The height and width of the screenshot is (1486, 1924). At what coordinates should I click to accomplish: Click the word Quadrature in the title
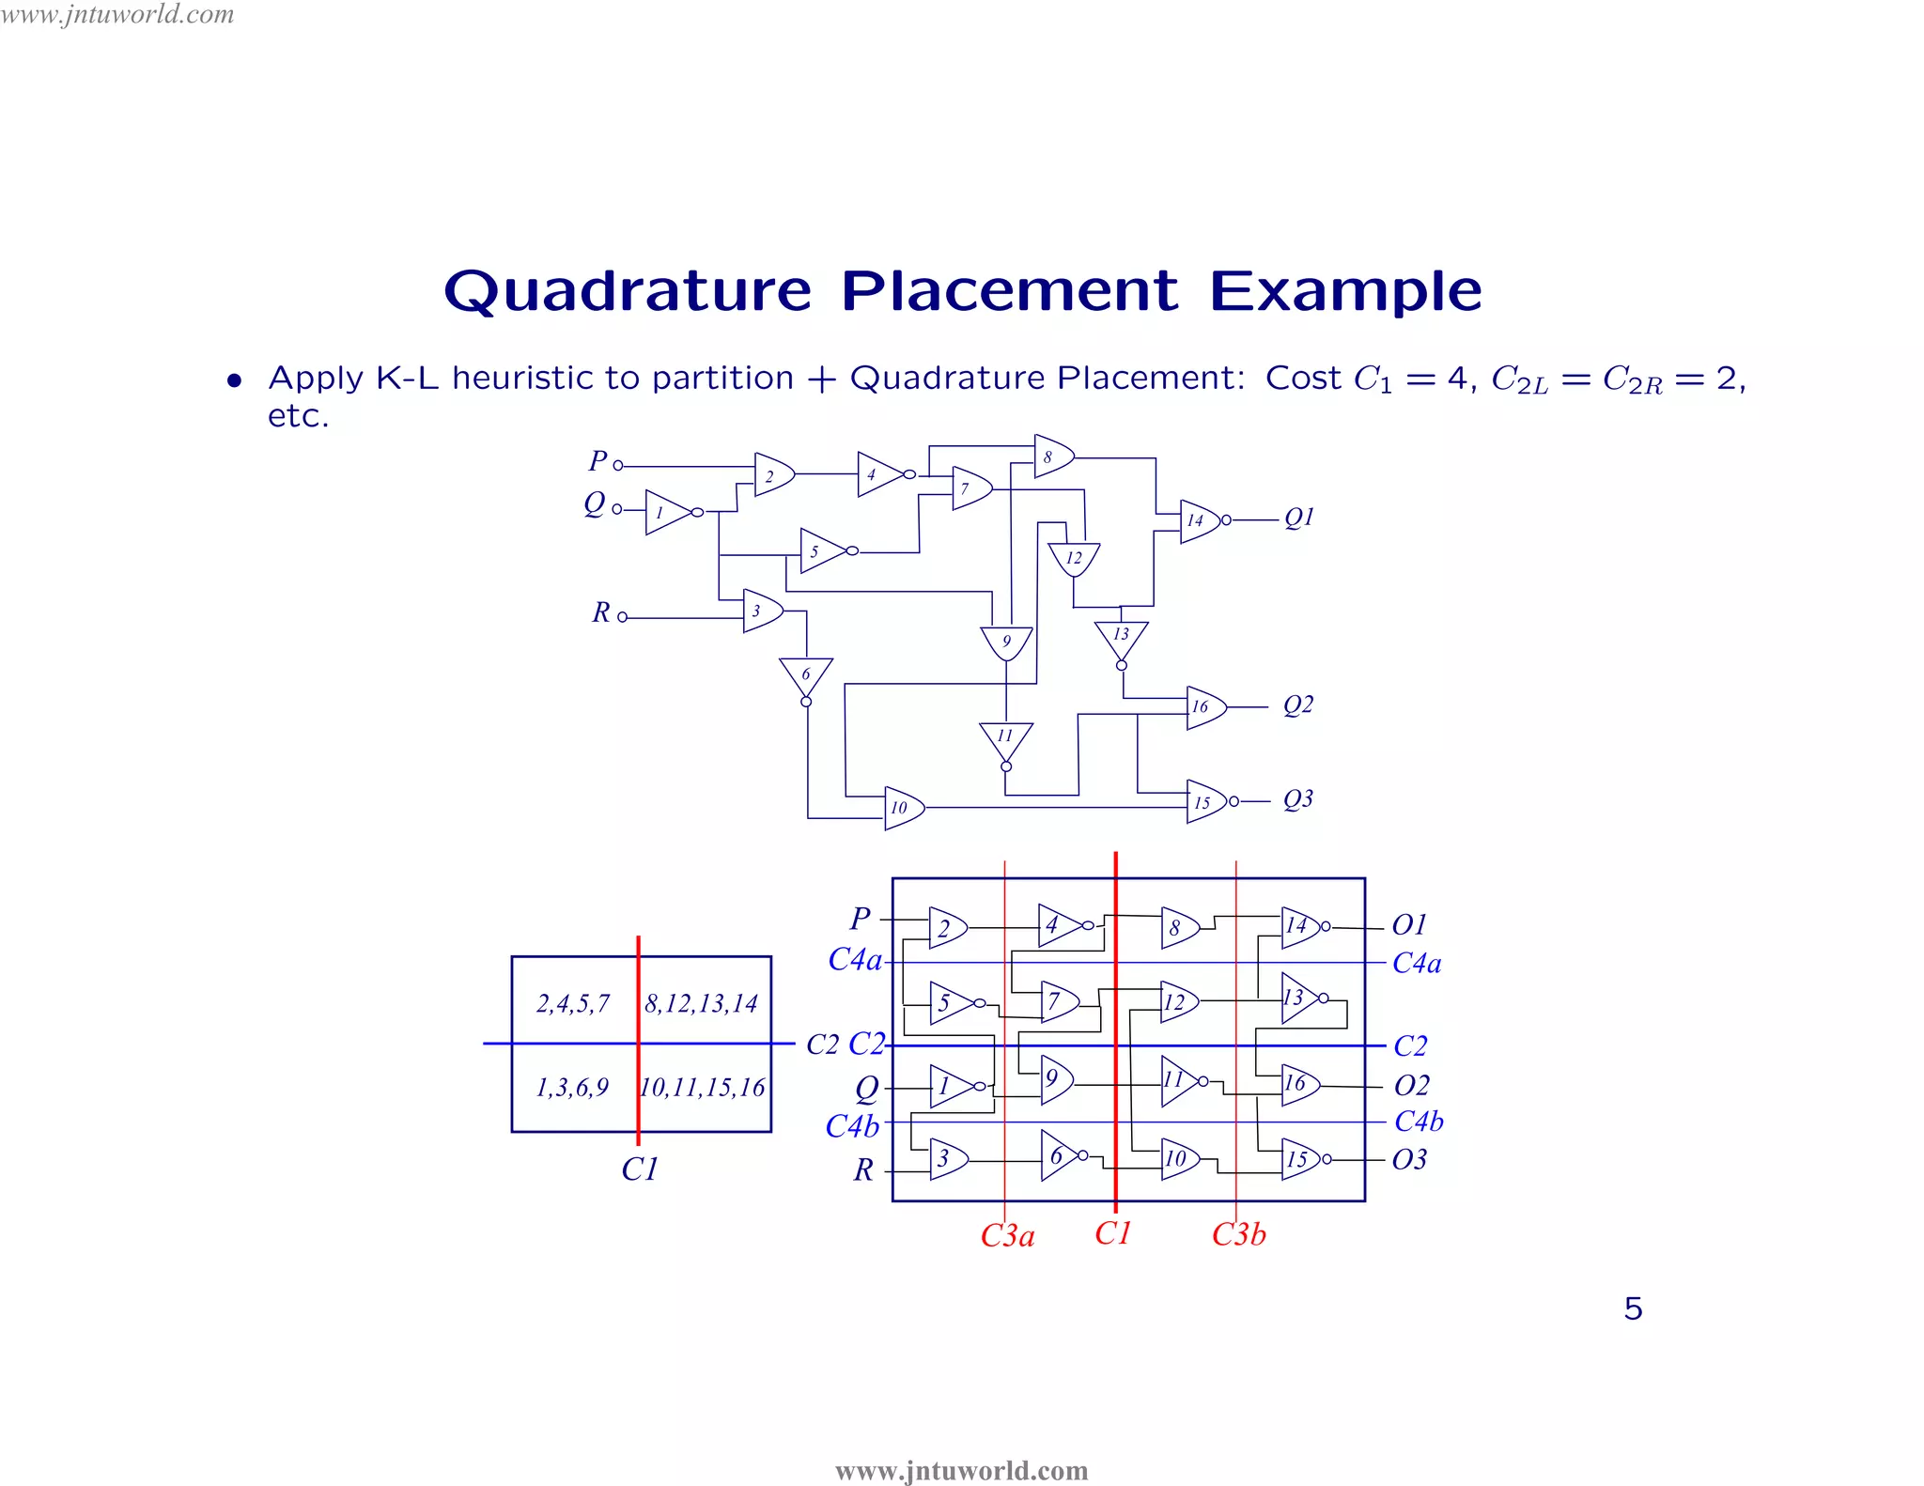628,291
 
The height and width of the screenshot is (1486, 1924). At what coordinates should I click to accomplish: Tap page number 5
1633,1308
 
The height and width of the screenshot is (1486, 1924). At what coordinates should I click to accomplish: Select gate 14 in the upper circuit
1198,520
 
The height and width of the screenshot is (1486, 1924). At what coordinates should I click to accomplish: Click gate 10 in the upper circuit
902,808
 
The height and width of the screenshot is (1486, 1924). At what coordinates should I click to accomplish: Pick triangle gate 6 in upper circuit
806,674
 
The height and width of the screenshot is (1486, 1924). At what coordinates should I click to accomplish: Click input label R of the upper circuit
601,612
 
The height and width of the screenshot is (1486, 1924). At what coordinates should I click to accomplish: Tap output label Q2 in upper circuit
1298,704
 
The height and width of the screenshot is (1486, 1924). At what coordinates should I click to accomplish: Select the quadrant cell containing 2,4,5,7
573,1003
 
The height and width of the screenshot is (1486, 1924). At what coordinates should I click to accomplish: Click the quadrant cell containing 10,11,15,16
703,1088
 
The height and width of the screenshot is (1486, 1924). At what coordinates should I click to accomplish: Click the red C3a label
1007,1235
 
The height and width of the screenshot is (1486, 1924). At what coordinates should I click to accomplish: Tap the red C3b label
1238,1234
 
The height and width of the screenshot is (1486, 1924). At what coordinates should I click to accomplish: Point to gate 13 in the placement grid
1297,998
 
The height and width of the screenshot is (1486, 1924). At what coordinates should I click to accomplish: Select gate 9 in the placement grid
1055,1079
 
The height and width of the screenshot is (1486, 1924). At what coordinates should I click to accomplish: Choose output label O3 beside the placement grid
1409,1160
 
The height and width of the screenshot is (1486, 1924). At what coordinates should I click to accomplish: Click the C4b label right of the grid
1419,1121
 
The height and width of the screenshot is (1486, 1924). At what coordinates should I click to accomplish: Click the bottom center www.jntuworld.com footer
961,1470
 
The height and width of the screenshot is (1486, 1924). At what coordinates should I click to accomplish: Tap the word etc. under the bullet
298,416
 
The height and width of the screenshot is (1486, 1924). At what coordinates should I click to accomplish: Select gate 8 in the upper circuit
1051,457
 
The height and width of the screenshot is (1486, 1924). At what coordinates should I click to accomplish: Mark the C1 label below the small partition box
640,1169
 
